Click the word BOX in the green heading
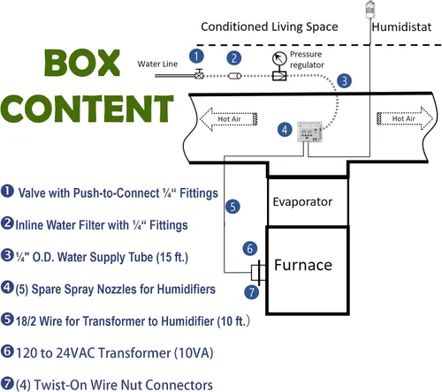[x=82, y=63]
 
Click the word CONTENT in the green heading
[x=88, y=109]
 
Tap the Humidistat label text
[x=401, y=27]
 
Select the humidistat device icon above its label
[x=370, y=10]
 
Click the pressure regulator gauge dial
[x=279, y=58]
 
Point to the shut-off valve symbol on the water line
[x=200, y=74]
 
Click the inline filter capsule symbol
[x=234, y=76]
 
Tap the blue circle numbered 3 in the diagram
[x=344, y=80]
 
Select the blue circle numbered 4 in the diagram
[x=285, y=130]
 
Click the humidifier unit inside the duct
[x=309, y=132]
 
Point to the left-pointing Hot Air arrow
[x=229, y=119]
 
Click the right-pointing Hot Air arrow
[x=405, y=118]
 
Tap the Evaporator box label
[x=302, y=202]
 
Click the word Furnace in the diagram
[x=303, y=265]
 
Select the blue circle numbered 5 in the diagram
[x=232, y=207]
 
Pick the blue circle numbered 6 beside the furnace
[x=250, y=248]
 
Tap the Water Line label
[x=157, y=64]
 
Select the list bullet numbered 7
[x=7, y=383]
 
